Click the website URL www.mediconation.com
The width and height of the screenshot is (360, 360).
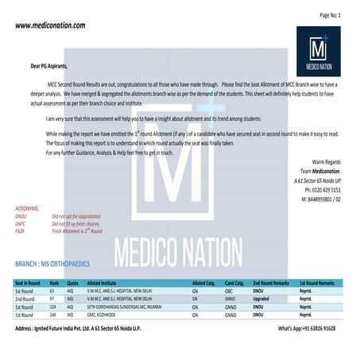(x=50, y=26)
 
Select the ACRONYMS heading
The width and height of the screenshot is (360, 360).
(x=31, y=208)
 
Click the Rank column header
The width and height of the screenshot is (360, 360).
(x=55, y=283)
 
